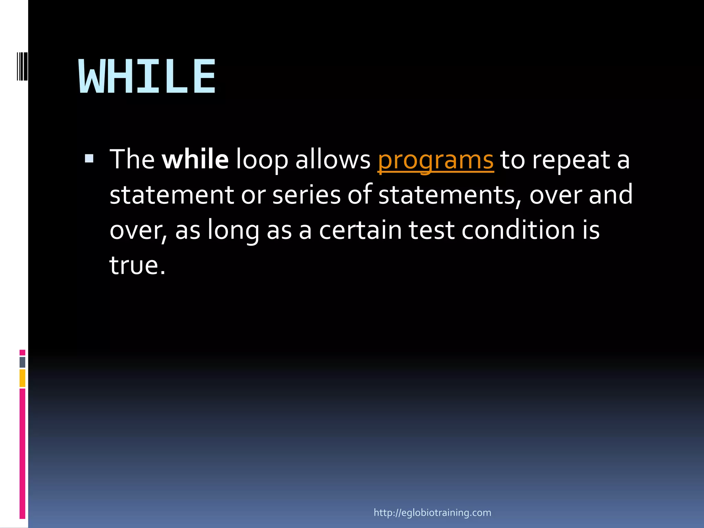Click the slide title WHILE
[147, 76]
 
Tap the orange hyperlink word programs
[436, 160]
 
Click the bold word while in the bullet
[195, 160]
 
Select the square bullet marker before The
[89, 158]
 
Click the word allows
[333, 160]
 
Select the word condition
[518, 230]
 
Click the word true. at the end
[137, 265]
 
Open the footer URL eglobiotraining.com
[432, 513]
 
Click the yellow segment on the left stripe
[22, 378]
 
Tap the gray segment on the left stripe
[22, 362]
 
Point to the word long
[233, 231]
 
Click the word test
[431, 230]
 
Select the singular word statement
[172, 195]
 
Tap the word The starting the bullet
[132, 160]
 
